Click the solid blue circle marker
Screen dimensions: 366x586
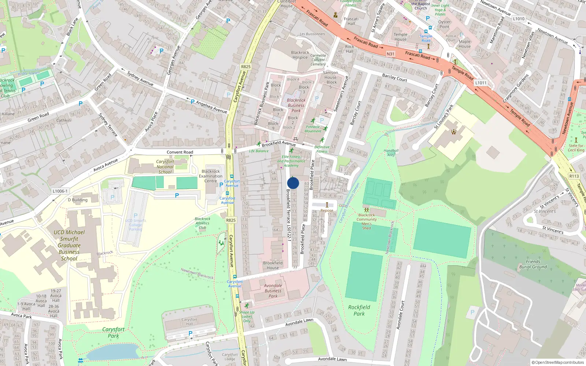coord(293,183)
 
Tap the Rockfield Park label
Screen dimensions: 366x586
coord(359,310)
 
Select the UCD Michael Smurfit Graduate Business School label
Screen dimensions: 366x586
coord(69,245)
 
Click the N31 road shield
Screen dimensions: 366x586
coord(390,54)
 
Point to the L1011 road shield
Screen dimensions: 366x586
coord(481,83)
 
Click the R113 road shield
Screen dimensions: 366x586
coord(574,176)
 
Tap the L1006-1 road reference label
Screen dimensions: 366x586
coord(60,191)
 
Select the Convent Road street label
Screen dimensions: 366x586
coord(180,152)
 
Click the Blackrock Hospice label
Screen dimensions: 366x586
coord(300,55)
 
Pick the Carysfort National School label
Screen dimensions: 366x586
coord(165,167)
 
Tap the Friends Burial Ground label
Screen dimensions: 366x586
coord(533,264)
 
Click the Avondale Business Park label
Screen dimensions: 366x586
coord(273,291)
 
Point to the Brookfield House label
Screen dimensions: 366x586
coord(272,265)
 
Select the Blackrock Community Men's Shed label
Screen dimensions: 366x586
coord(367,221)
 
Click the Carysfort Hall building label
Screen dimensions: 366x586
coord(189,321)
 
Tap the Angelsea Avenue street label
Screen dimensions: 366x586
coord(211,107)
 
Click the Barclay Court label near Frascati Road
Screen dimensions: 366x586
coord(394,78)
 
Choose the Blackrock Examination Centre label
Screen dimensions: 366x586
coord(211,176)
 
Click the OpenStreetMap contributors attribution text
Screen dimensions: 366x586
coord(558,362)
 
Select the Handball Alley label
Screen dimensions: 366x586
coord(391,153)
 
